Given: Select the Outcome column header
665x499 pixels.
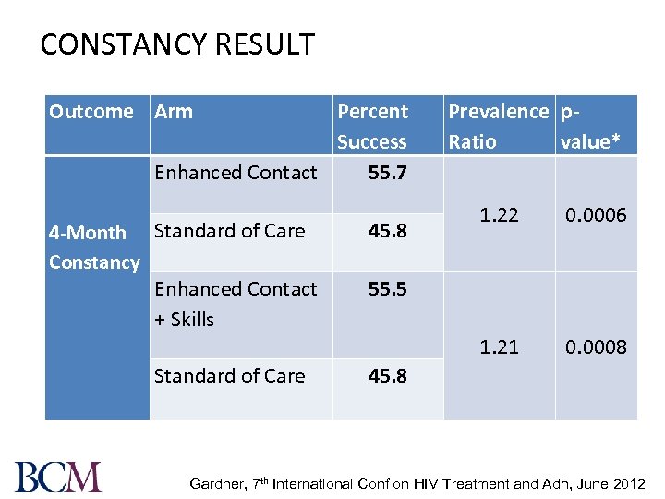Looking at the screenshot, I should coord(91,112).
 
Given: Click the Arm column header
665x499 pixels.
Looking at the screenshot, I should coord(174,112).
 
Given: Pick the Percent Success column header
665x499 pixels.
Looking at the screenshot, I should coord(372,127).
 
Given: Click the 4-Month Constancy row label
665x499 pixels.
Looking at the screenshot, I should coord(94,248).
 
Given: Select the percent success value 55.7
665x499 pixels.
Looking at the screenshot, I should coord(387,173).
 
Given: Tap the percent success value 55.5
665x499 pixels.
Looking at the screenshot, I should coord(387,289).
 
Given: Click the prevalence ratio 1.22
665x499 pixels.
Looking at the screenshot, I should coord(500,215).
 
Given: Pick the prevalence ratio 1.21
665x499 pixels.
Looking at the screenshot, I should coord(499,347).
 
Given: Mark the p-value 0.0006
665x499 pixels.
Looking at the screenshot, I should coord(596,215).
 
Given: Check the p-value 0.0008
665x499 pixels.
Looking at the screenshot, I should coord(596,347).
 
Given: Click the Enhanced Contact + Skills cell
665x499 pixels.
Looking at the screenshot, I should coord(236,304).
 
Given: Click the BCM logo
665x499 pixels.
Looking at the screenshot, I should coord(58,476).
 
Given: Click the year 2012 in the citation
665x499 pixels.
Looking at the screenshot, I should coord(630,483).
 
